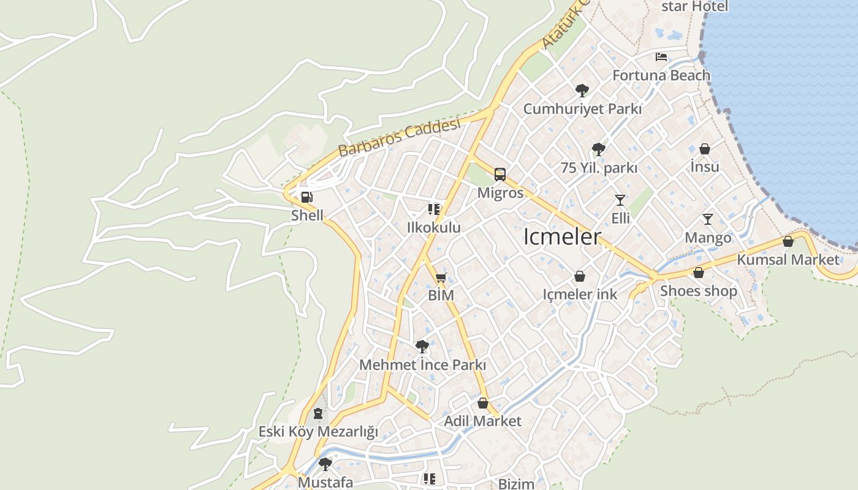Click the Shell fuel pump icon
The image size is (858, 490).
click(x=306, y=197)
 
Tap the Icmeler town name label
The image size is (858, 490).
click(x=562, y=237)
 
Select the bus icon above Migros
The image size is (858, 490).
click(x=500, y=175)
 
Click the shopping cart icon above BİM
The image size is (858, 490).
click(x=441, y=277)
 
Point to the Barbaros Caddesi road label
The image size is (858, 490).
click(x=398, y=138)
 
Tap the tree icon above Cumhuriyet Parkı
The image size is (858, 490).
click(x=582, y=91)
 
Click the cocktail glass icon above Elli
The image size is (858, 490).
click(x=620, y=200)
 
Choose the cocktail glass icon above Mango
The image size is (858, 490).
click(x=708, y=219)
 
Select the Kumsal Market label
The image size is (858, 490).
click(x=788, y=259)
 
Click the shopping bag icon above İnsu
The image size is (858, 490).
click(x=705, y=149)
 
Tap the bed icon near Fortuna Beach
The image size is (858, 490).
click(x=661, y=57)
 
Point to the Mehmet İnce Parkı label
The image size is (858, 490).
click(x=422, y=365)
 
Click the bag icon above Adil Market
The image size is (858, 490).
click(x=483, y=403)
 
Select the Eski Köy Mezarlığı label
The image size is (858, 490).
click(x=317, y=432)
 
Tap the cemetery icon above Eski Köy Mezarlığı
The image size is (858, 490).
click(x=317, y=413)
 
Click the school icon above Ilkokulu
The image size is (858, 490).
click(x=434, y=209)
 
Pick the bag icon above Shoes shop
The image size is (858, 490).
click(x=698, y=273)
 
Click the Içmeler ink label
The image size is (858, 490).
click(x=580, y=295)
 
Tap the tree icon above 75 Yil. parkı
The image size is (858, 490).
click(x=598, y=149)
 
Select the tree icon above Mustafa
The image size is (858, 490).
click(x=325, y=464)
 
